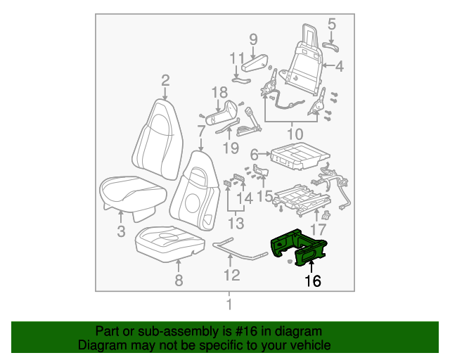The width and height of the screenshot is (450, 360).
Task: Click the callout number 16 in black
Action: (312, 281)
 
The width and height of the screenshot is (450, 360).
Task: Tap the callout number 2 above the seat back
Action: (165, 79)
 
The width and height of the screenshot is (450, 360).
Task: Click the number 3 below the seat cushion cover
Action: (120, 231)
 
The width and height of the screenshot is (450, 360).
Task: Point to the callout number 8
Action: (178, 281)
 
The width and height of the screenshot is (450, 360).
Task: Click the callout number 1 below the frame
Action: (228, 304)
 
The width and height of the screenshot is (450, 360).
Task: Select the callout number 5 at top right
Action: (331, 25)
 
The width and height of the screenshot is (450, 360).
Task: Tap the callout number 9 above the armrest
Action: (253, 39)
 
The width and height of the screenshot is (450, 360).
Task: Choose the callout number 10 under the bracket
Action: (295, 134)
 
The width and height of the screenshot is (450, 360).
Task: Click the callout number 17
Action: (318, 229)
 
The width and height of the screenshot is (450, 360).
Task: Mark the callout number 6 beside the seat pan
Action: (255, 153)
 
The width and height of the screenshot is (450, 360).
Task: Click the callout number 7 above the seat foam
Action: (201, 131)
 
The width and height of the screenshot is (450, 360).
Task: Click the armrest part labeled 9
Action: (254, 65)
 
